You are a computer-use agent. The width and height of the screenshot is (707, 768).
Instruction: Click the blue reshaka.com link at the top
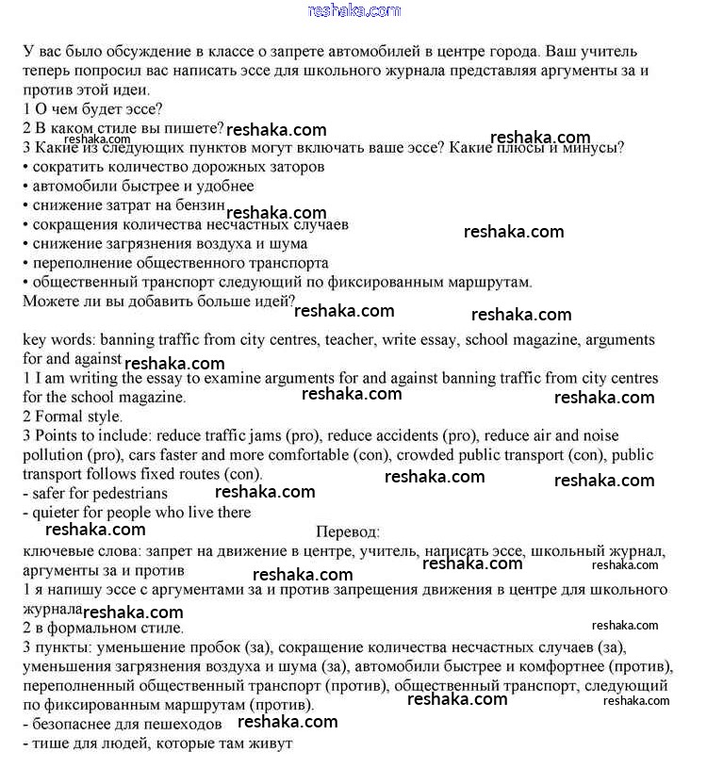click(x=354, y=10)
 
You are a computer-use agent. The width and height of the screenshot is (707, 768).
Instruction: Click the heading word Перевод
click(x=348, y=532)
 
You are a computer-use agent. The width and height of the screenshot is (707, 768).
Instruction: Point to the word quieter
click(x=60, y=513)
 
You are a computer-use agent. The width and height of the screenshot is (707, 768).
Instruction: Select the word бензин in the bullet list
click(x=201, y=204)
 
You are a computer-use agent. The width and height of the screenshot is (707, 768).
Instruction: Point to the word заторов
click(x=297, y=166)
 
